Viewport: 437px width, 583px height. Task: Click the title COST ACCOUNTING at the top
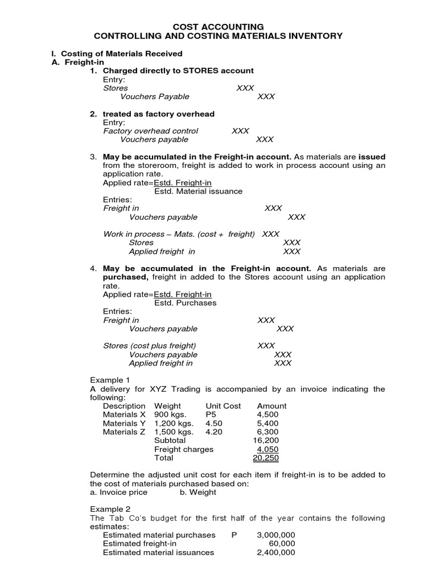218,27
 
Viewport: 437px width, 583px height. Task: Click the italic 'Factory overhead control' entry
150,131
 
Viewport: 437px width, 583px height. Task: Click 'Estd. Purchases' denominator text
185,303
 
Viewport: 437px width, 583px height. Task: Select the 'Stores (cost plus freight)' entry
149,346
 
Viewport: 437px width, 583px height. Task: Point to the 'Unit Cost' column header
223,406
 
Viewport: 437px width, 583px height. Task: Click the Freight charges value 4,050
267,449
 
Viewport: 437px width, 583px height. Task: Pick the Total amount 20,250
266,458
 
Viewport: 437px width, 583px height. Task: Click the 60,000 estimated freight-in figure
282,544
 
